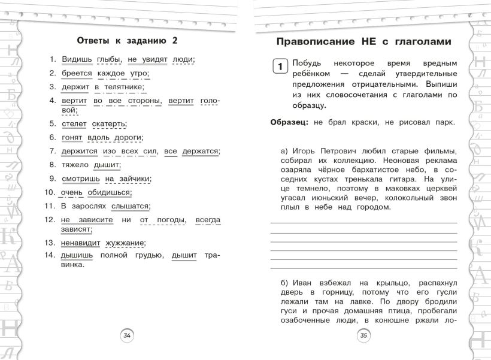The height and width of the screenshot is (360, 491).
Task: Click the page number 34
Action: pyautogui.click(x=127, y=336)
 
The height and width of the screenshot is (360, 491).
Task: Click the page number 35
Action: pyautogui.click(x=363, y=336)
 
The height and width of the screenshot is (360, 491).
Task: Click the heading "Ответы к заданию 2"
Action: pyautogui.click(x=128, y=41)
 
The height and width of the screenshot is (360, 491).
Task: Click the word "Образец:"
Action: pyautogui.click(x=290, y=122)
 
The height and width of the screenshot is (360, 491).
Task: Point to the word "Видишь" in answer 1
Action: pyautogui.click(x=77, y=59)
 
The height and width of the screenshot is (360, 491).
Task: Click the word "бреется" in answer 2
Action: pyautogui.click(x=77, y=73)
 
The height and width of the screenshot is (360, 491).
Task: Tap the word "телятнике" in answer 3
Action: pyautogui.click(x=124, y=87)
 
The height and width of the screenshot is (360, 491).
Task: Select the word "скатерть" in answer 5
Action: pyautogui.click(x=109, y=124)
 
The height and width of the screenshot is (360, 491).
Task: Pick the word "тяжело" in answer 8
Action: pyautogui.click(x=75, y=165)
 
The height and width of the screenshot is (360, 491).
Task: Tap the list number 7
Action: pyautogui.click(x=52, y=152)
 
